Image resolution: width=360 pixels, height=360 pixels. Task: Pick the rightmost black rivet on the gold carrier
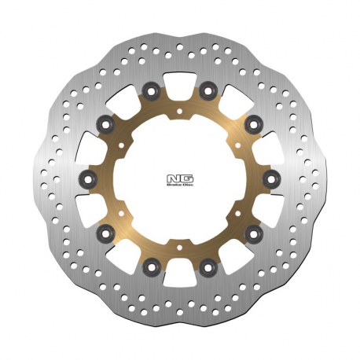[273, 180]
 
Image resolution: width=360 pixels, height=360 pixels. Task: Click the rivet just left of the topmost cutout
[152, 88]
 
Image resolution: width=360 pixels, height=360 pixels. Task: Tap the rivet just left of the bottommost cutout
[152, 267]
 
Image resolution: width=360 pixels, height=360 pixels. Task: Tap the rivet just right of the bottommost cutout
[208, 268]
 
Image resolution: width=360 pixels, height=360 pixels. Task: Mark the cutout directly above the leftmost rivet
[88, 148]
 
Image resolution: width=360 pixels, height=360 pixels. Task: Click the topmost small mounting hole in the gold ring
[180, 110]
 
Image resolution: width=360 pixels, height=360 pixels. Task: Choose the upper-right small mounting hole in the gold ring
[239, 145]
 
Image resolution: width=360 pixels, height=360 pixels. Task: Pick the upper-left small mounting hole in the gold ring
[121, 144]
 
